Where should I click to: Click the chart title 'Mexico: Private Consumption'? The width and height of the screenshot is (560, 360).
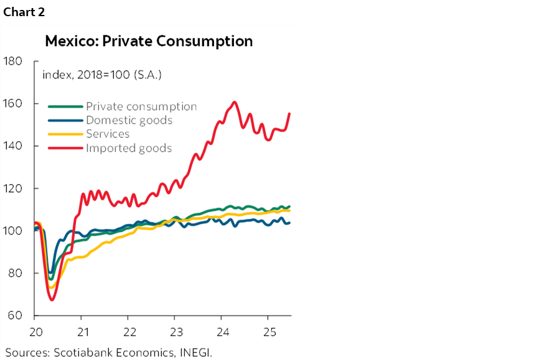149,42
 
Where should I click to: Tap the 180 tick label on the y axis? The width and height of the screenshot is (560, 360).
13,62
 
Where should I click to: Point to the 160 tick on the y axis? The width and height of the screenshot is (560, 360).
13,104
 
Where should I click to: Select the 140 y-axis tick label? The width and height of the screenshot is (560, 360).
13,146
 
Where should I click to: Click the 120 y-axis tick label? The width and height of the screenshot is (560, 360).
13,188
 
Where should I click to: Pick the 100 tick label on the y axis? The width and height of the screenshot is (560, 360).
13,231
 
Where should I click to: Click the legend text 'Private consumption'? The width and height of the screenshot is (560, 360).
141,106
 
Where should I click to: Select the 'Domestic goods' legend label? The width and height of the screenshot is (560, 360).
129,120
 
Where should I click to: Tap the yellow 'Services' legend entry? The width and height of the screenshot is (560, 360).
108,134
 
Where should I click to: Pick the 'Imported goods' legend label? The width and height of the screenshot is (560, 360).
129,147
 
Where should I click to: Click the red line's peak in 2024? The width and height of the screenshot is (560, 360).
235,102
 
